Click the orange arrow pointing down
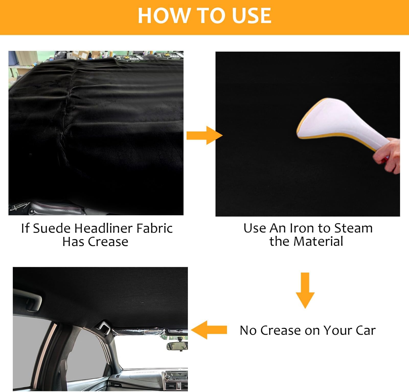[305, 290]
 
